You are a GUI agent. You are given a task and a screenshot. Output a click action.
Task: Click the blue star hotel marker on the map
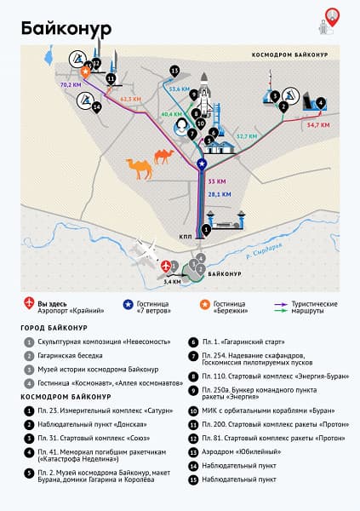(202, 164)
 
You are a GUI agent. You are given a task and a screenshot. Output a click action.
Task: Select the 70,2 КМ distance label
(70, 86)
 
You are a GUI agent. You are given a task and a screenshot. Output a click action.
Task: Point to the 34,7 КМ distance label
(317, 125)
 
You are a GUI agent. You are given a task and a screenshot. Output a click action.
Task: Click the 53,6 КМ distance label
(178, 88)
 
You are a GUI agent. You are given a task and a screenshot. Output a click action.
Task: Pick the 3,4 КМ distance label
(172, 280)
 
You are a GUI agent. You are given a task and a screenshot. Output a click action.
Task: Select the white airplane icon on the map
(147, 252)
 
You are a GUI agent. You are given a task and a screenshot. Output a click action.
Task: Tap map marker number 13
(174, 70)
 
